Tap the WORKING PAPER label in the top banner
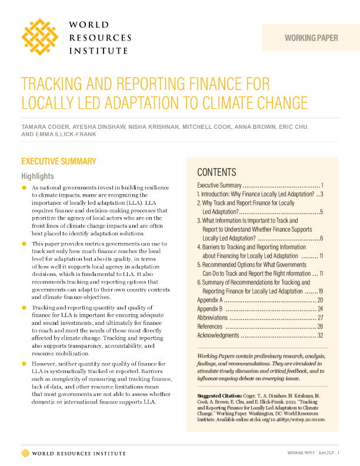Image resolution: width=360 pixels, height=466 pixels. [x=311, y=38]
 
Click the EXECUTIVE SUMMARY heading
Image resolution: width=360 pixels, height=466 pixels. [x=58, y=161]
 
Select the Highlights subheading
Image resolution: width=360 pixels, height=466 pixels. [x=38, y=176]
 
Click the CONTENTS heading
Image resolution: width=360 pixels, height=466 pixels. [x=216, y=172]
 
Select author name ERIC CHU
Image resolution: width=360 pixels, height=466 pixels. [x=292, y=127]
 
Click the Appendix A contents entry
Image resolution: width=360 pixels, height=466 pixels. [x=209, y=300]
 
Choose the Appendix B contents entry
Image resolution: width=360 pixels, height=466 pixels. [x=209, y=309]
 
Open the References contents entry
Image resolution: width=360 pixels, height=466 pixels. [x=210, y=327]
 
